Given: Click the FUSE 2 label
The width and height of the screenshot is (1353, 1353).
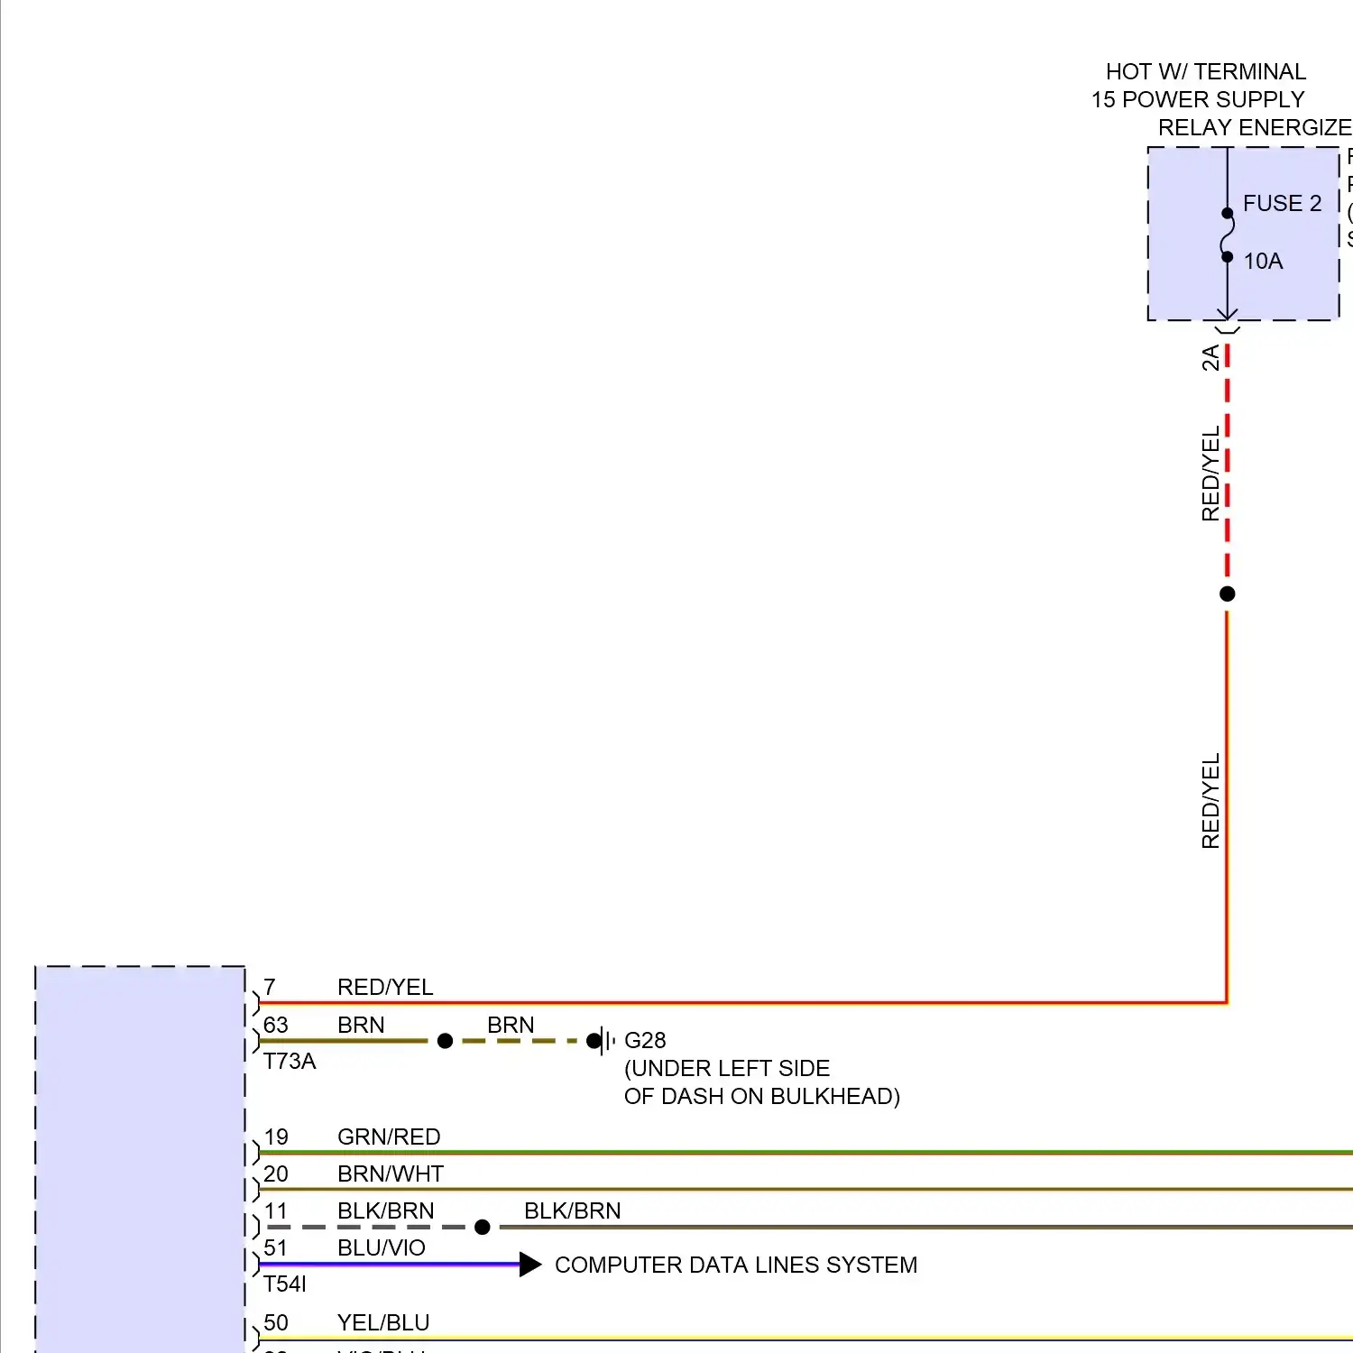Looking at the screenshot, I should (1282, 204).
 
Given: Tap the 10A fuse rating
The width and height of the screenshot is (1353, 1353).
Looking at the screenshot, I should (1263, 262).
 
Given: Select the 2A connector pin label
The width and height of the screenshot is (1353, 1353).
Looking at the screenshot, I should (1210, 358).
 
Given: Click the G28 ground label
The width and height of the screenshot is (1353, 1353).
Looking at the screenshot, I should (645, 1041).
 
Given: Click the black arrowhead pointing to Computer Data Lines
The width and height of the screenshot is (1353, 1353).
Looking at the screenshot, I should (529, 1265).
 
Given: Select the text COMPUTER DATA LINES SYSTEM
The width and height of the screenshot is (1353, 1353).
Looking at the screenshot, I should (736, 1266).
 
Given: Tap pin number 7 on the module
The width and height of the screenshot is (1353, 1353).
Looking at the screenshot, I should (270, 988).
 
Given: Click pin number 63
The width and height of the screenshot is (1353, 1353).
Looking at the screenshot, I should (275, 1026).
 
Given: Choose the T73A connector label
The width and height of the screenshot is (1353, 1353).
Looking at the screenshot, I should (290, 1062).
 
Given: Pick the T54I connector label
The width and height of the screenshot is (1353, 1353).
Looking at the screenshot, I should (285, 1284).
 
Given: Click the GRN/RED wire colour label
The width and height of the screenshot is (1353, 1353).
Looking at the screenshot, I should (389, 1137).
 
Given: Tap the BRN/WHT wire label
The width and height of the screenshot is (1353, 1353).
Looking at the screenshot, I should (391, 1174).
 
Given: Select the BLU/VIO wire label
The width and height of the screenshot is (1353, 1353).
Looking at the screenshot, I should (382, 1248).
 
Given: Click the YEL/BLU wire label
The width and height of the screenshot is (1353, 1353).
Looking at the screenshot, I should (383, 1323).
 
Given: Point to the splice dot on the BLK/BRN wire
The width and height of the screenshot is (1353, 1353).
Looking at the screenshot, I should (483, 1228).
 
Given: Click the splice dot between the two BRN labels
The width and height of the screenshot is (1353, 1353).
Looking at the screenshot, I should (445, 1041).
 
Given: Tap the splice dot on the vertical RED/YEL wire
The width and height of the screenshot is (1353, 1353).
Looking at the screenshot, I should (1227, 594).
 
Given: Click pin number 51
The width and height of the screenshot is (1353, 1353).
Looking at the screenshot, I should (275, 1248).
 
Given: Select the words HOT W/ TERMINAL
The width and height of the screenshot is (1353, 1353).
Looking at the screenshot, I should (1206, 72).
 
